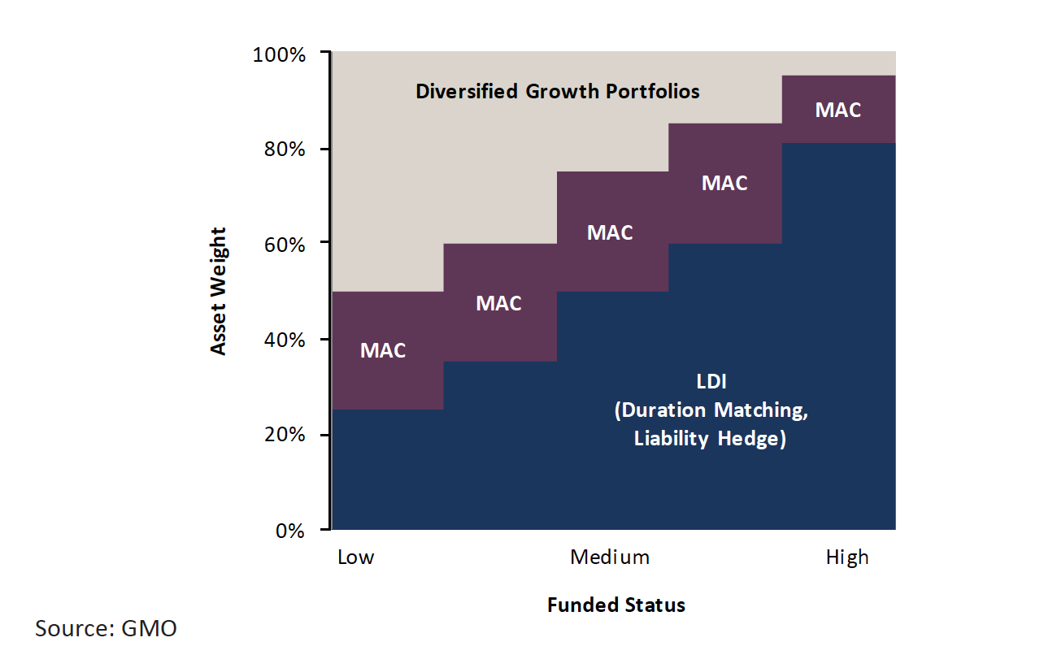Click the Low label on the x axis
click(356, 557)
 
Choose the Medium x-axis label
click(610, 557)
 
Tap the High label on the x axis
click(847, 557)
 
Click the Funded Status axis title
click(615, 605)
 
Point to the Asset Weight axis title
click(218, 291)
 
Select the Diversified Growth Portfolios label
click(558, 91)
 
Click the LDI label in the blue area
click(710, 383)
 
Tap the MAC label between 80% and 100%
click(837, 110)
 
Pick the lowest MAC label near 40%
click(383, 351)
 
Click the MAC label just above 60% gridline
click(610, 232)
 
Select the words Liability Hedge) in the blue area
click(710, 440)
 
